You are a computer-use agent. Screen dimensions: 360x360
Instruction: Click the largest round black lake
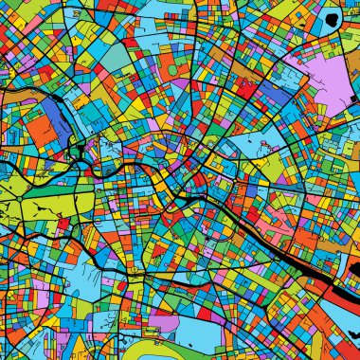(330, 18)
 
